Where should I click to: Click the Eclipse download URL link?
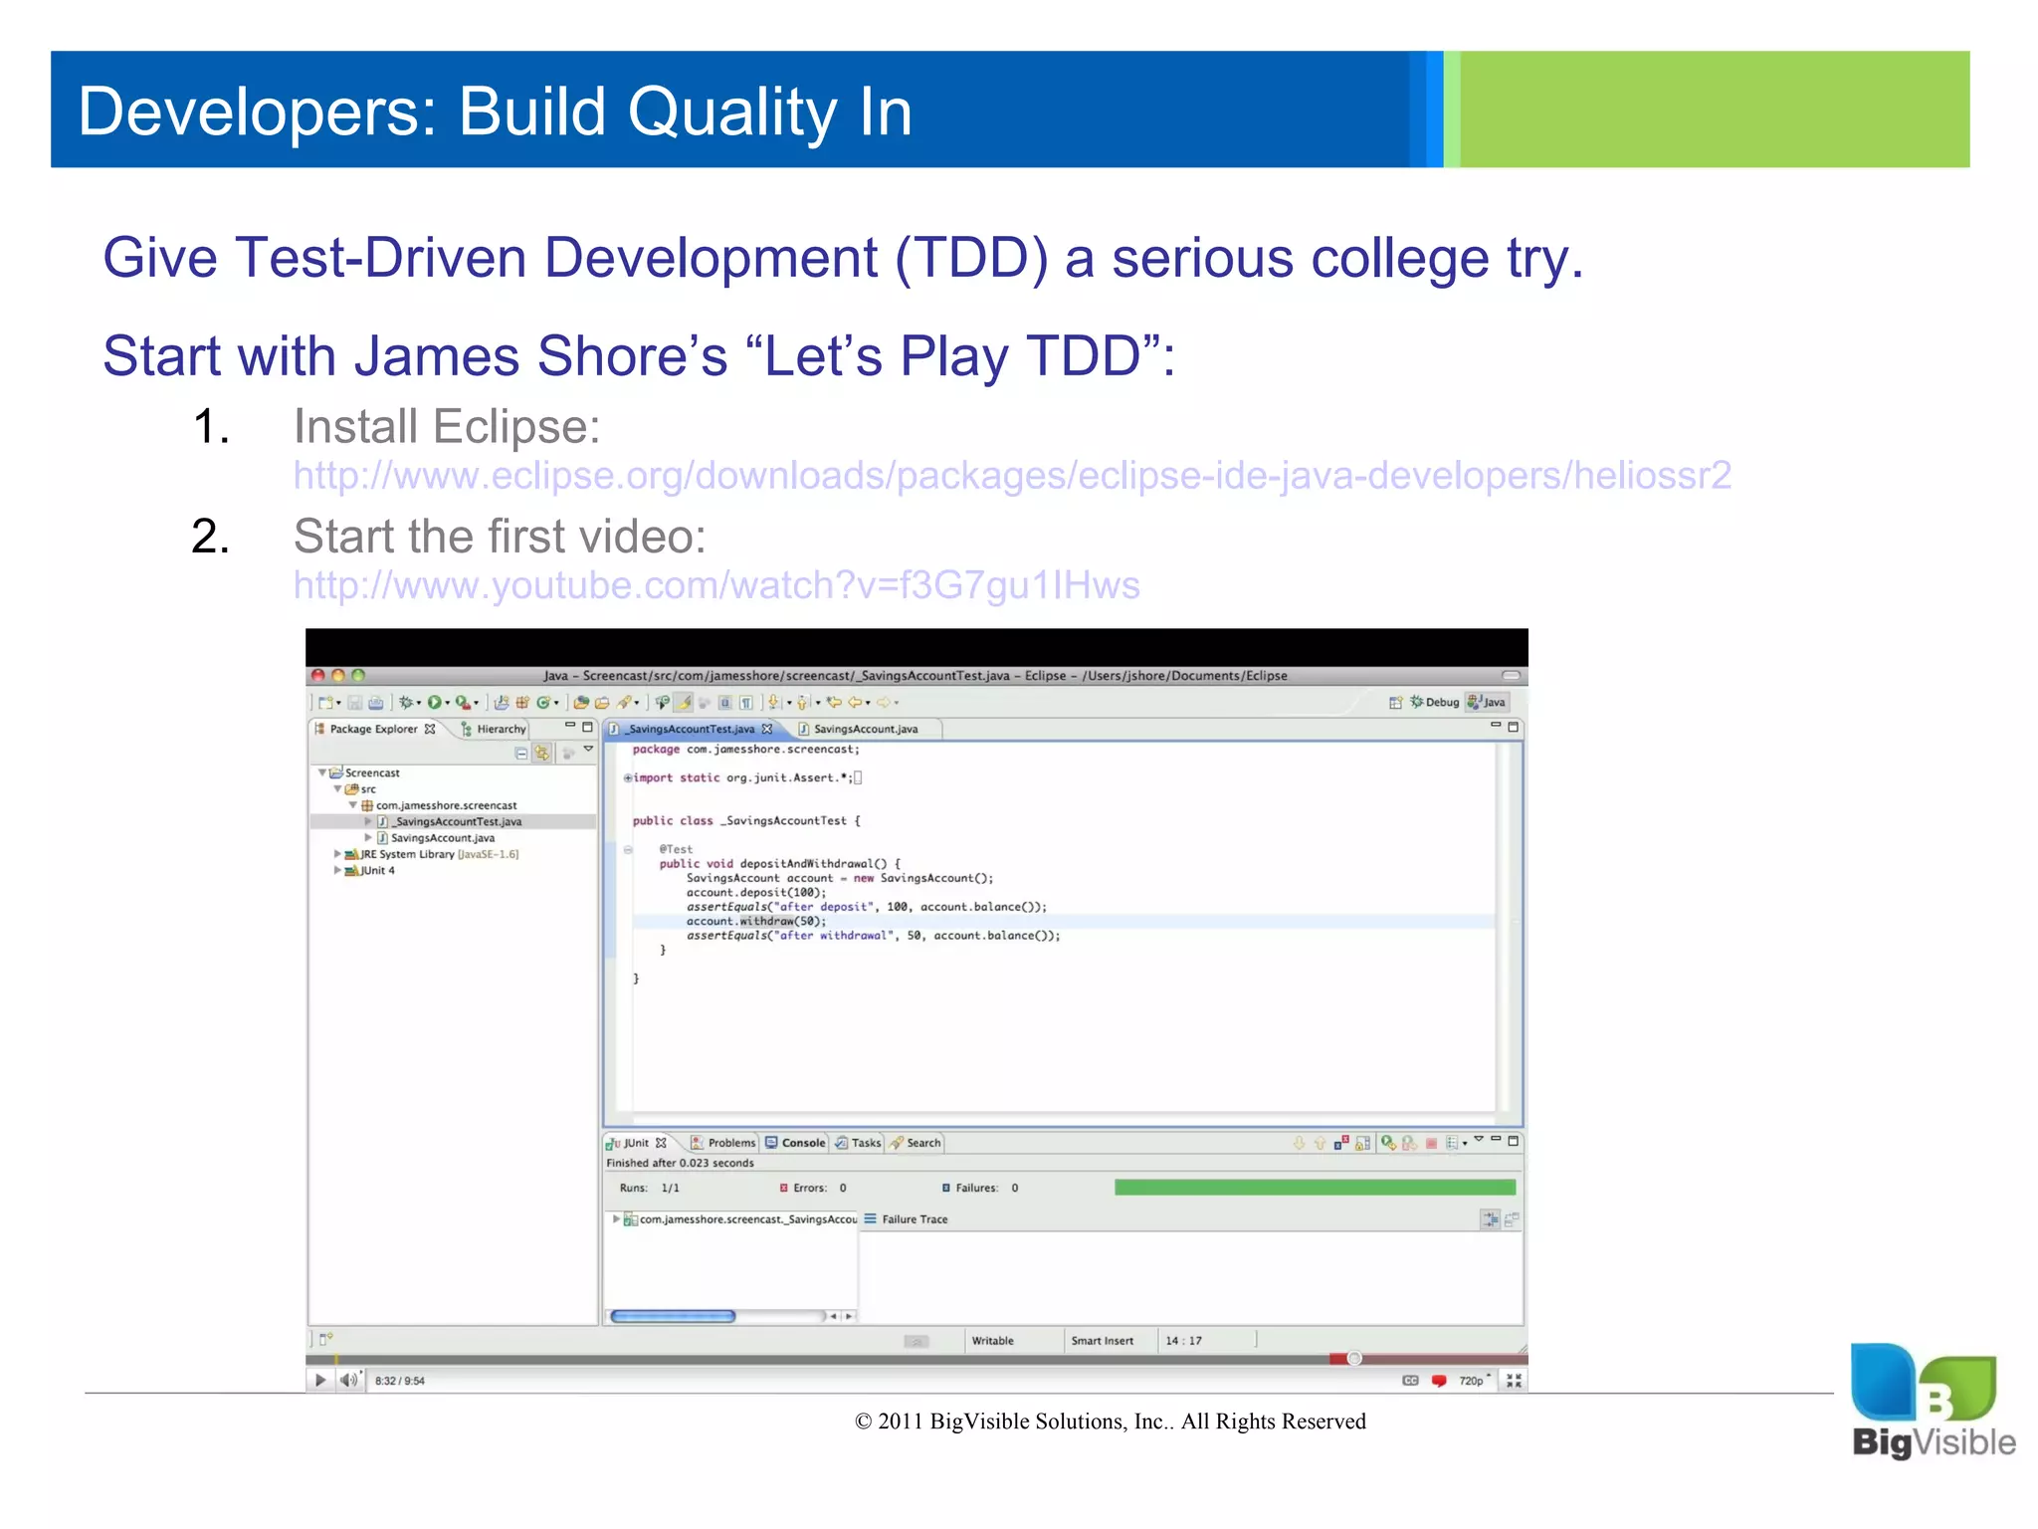click(1011, 476)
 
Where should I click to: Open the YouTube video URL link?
click(716, 585)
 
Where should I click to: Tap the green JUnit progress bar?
click(1314, 1188)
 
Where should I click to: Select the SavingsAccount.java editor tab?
click(864, 730)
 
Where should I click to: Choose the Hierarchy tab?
click(500, 730)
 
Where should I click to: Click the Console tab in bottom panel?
click(802, 1143)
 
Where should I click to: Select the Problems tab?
click(730, 1143)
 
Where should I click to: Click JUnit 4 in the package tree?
click(377, 871)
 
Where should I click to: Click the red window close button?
click(318, 675)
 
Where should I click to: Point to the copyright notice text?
click(1110, 1421)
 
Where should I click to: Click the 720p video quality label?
click(1471, 1381)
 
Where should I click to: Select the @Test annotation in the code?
click(676, 849)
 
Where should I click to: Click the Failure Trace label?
click(914, 1219)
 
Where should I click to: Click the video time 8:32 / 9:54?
click(399, 1381)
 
